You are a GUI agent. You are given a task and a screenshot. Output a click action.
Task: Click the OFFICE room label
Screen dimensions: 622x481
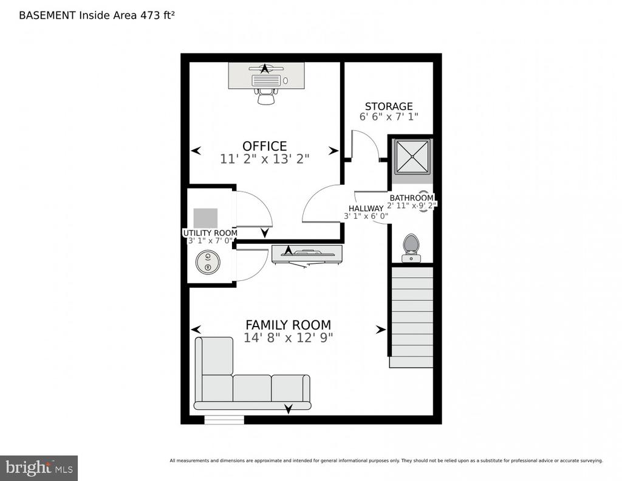pyautogui.click(x=265, y=146)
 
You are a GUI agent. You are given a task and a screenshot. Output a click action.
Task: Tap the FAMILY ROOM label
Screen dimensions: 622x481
pyautogui.click(x=289, y=325)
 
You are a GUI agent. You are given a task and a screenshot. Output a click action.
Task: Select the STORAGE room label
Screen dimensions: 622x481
pyautogui.click(x=389, y=106)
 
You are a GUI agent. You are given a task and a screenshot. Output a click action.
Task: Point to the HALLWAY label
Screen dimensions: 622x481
pyautogui.click(x=366, y=208)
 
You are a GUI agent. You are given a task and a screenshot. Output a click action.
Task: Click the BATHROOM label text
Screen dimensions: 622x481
pyautogui.click(x=411, y=198)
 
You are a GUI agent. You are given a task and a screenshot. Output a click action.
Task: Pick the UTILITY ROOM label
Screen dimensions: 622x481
pyautogui.click(x=210, y=233)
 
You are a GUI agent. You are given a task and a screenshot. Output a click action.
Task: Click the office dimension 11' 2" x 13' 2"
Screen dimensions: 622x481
pyautogui.click(x=265, y=159)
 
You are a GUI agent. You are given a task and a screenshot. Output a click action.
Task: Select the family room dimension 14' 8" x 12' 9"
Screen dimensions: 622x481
pyautogui.click(x=289, y=337)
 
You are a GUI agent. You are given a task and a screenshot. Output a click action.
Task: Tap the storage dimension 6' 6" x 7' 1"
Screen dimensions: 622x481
pyautogui.click(x=389, y=117)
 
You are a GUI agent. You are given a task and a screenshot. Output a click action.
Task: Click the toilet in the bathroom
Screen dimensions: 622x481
pyautogui.click(x=411, y=248)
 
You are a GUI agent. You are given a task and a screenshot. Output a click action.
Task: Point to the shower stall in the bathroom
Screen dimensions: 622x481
pyautogui.click(x=412, y=156)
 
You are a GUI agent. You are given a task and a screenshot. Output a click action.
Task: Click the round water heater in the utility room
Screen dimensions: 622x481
pyautogui.click(x=208, y=262)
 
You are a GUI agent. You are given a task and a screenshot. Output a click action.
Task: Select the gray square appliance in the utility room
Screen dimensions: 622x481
pyautogui.click(x=205, y=218)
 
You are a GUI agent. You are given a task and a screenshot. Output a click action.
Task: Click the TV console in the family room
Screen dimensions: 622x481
pyautogui.click(x=307, y=254)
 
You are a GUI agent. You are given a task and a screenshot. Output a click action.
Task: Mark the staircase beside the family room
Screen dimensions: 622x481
pyautogui.click(x=411, y=317)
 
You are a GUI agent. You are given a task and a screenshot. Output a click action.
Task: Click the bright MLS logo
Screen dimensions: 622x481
pyautogui.click(x=39, y=468)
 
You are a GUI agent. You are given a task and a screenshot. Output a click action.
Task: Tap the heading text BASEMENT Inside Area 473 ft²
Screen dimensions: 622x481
pyautogui.click(x=97, y=15)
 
